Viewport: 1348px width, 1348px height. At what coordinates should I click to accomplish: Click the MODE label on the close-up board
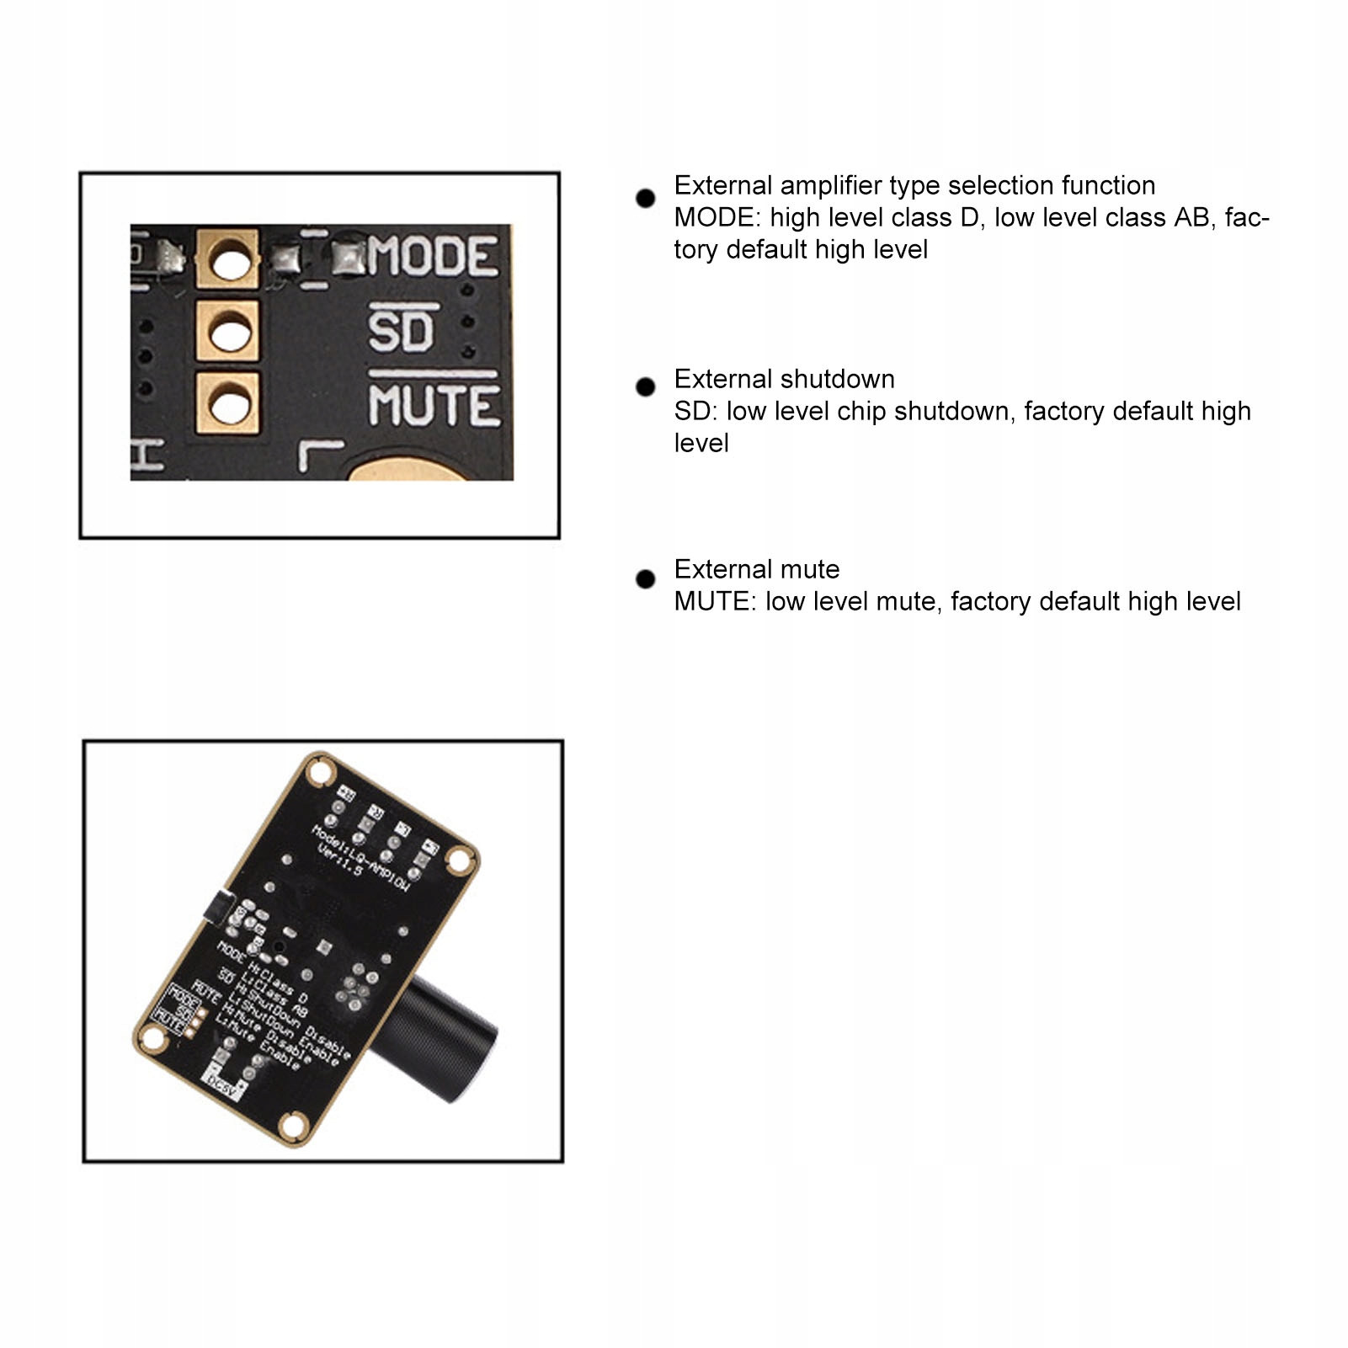[433, 256]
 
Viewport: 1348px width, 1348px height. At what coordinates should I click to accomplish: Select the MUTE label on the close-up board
[434, 405]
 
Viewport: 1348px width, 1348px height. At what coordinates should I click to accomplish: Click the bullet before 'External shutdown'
[646, 386]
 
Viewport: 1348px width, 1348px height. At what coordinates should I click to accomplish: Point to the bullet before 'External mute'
[646, 579]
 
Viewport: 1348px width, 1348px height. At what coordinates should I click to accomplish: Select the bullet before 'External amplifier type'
[646, 198]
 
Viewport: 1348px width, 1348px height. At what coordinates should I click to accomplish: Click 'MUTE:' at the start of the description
[715, 601]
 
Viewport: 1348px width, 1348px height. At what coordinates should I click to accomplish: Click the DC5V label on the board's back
[223, 1086]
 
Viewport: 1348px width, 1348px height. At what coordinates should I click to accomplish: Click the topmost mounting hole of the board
[320, 771]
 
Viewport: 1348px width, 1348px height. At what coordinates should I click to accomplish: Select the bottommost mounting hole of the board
[292, 1123]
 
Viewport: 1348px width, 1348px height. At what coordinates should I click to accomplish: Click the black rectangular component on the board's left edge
[217, 908]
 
